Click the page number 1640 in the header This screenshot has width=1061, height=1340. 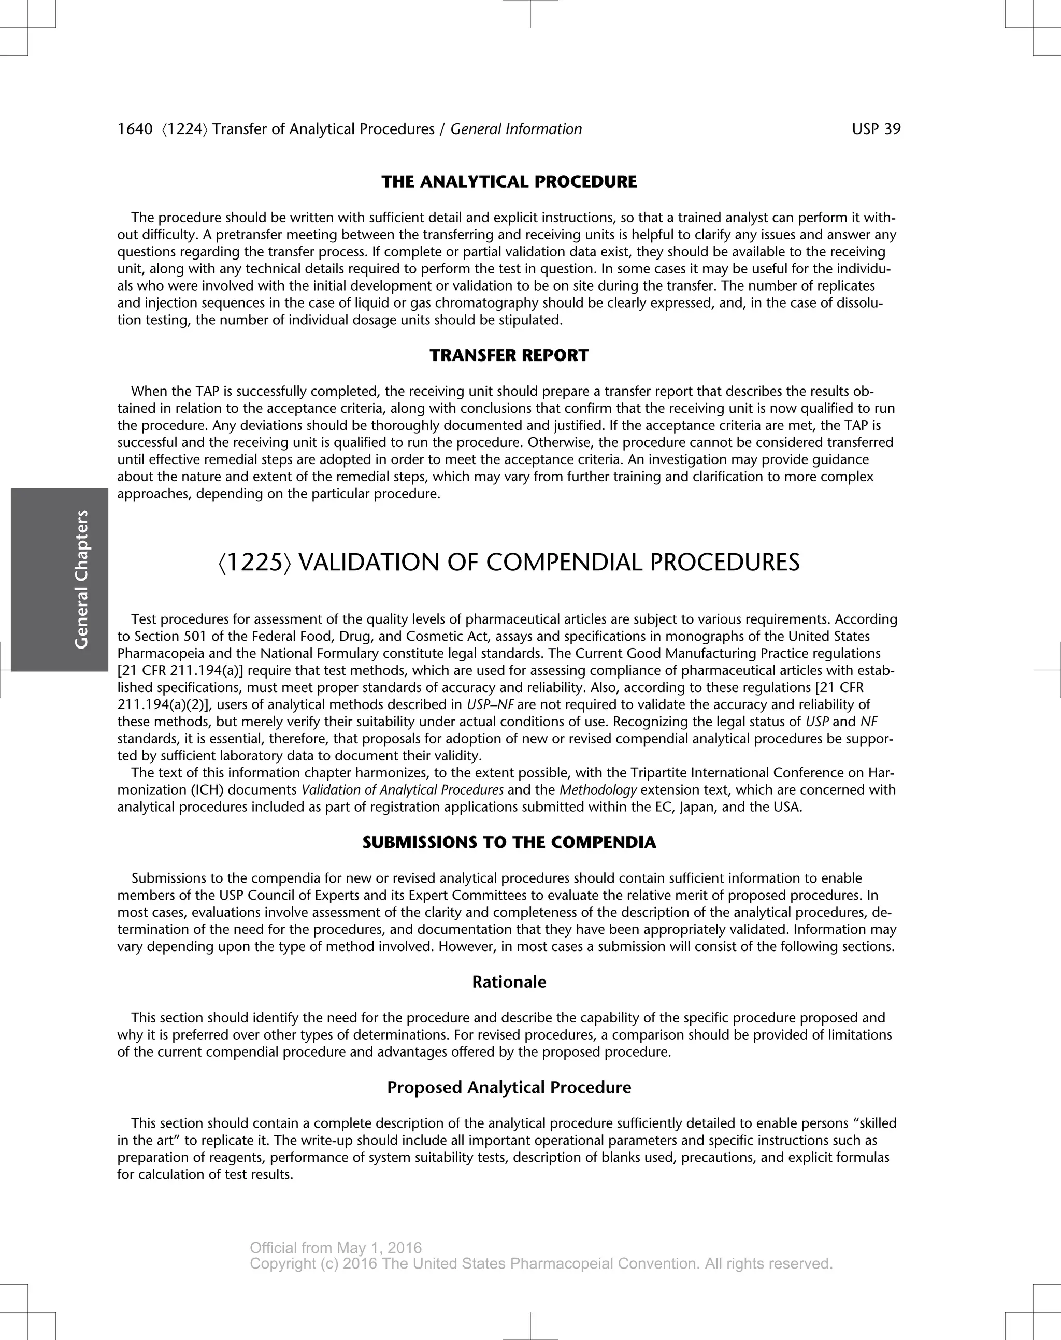click(x=135, y=129)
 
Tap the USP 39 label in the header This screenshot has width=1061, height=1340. click(x=876, y=129)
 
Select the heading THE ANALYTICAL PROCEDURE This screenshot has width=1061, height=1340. click(x=509, y=182)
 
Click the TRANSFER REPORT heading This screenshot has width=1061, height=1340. click(x=509, y=356)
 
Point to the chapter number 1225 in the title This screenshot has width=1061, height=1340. click(x=254, y=563)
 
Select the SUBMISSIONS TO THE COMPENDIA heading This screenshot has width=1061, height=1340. click(x=509, y=843)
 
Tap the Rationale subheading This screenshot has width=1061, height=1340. click(x=509, y=982)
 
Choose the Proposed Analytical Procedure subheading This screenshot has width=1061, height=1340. click(x=509, y=1087)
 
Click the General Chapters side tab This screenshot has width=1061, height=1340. click(x=81, y=579)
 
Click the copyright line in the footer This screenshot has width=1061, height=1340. click(x=540, y=1264)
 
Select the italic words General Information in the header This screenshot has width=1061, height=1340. click(x=516, y=129)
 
